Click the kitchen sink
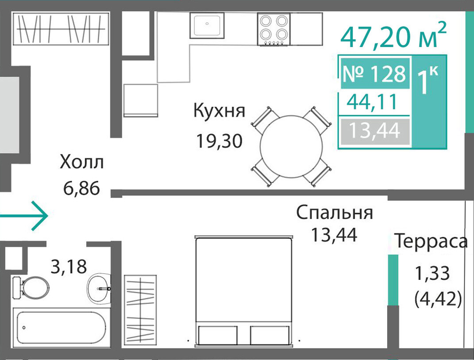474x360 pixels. [207, 26]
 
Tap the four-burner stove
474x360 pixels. [274, 29]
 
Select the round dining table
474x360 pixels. [292, 147]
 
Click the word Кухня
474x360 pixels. [219, 111]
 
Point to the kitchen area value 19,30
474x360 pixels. [219, 141]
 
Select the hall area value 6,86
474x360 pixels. [82, 188]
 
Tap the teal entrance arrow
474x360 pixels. [24, 216]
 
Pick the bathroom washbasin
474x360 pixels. [99, 288]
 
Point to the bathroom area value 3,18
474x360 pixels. [69, 267]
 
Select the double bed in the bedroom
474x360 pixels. [244, 290]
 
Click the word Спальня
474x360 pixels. [334, 213]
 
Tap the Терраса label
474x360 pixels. [431, 241]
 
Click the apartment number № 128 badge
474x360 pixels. [375, 74]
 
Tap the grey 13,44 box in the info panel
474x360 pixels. [375, 131]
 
